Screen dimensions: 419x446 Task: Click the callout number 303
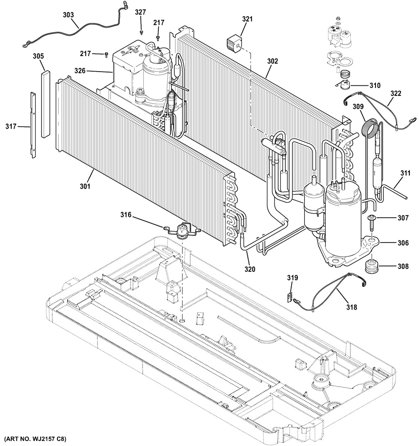tap(68, 15)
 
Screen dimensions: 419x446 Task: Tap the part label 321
tap(247, 19)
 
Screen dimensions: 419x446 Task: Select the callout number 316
tap(126, 214)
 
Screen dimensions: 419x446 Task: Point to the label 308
tap(403, 266)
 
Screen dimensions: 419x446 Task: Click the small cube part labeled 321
tap(234, 44)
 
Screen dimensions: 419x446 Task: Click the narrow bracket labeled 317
tap(33, 125)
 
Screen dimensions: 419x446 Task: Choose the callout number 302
tap(272, 61)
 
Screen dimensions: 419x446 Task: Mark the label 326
tap(80, 70)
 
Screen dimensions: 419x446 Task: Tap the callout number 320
tap(250, 268)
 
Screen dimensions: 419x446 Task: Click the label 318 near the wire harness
tap(352, 307)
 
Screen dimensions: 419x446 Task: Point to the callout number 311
tap(405, 173)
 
